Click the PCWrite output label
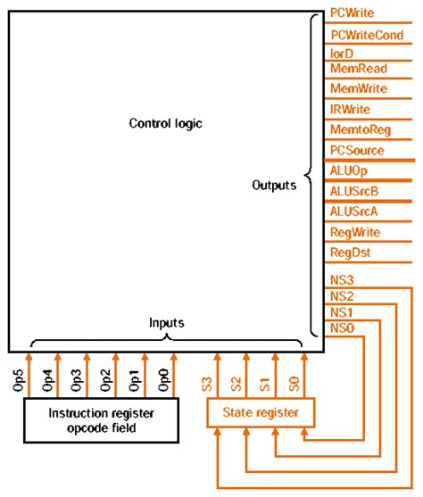coord(352,12)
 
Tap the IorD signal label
coord(342,54)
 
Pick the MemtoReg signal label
coord(360,129)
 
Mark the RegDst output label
coord(349,253)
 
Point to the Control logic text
coord(167,122)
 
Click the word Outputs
coord(274,186)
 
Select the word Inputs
coord(166,323)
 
